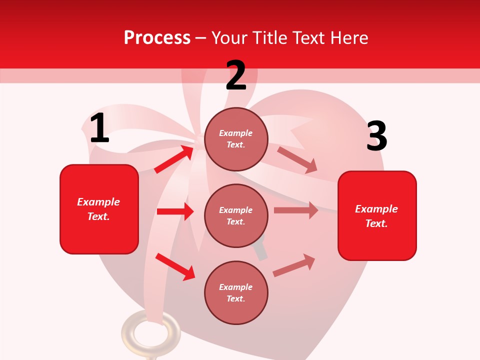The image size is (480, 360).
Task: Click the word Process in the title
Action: coord(157,38)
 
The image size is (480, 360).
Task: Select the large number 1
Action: coord(99,128)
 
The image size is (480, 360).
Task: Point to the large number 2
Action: coord(236,75)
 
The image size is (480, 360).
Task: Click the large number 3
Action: coord(376,136)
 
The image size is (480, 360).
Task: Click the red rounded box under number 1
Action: coord(99,209)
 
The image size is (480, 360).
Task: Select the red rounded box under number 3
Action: coord(377,215)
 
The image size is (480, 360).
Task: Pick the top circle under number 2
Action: coord(236,139)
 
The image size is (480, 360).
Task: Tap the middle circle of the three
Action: coord(236,215)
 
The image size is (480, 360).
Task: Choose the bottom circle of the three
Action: coord(236,292)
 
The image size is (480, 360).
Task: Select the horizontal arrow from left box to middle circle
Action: coord(175,211)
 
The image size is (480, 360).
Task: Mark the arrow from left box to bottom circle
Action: coord(175,266)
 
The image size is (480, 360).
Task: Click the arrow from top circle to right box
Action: coord(297,160)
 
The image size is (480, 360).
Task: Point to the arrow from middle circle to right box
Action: coord(296,210)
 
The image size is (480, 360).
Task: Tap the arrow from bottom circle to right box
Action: coord(294,265)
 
